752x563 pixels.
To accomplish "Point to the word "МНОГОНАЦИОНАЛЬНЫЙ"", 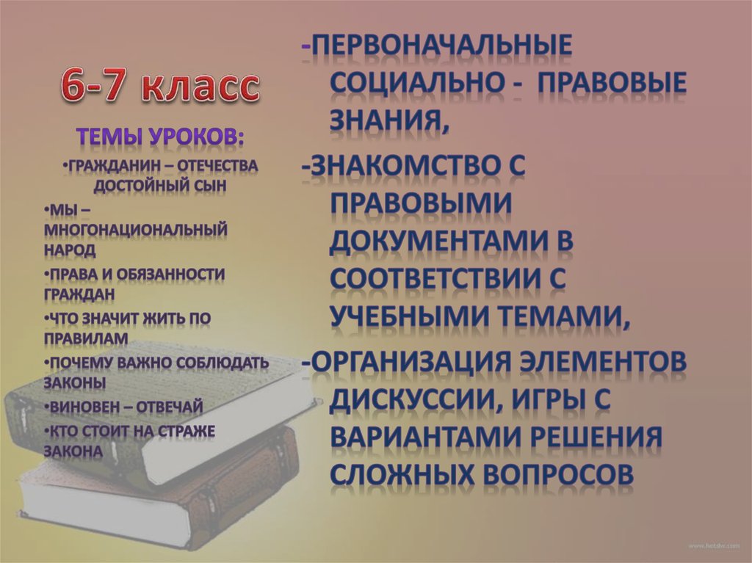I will click(135, 230).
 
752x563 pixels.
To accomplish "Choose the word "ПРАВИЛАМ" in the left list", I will click(87, 338).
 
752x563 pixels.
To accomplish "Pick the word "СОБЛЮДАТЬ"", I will click(220, 363).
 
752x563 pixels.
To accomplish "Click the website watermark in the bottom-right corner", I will click(709, 547).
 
